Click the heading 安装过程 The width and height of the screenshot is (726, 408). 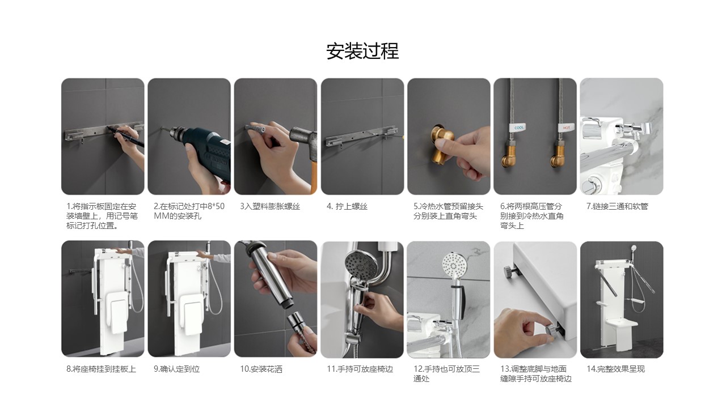[x=362, y=51]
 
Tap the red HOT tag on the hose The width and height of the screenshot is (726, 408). [x=566, y=127]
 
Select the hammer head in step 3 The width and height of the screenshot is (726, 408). [x=302, y=135]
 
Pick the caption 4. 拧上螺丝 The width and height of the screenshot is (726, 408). [x=347, y=206]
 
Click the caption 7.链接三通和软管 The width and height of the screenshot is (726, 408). [x=618, y=206]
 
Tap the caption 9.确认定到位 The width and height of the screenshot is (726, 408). [x=176, y=369]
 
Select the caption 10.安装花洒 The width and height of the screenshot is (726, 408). [x=261, y=369]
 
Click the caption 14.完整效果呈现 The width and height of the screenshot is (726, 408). [x=616, y=369]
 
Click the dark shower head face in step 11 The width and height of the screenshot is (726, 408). [x=358, y=267]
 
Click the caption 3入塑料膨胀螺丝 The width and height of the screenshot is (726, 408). [x=270, y=206]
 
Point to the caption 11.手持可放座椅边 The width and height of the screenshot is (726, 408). [x=360, y=369]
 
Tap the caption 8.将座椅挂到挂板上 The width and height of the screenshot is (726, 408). [x=101, y=369]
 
